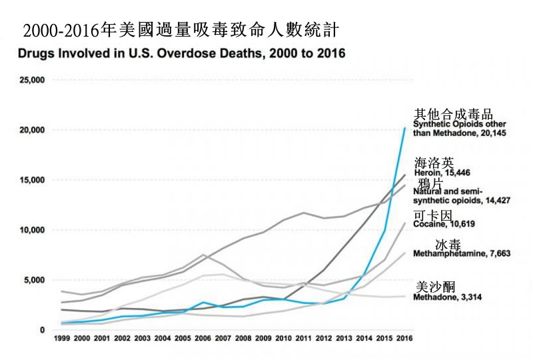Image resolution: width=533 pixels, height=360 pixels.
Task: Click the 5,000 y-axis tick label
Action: click(33, 280)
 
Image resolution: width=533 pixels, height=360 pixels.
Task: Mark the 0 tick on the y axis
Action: click(41, 330)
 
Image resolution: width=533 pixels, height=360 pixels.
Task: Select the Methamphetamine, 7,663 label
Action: click(456, 254)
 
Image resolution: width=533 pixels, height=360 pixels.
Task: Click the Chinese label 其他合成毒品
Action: click(454, 115)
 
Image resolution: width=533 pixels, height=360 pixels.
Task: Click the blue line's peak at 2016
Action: click(404, 128)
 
